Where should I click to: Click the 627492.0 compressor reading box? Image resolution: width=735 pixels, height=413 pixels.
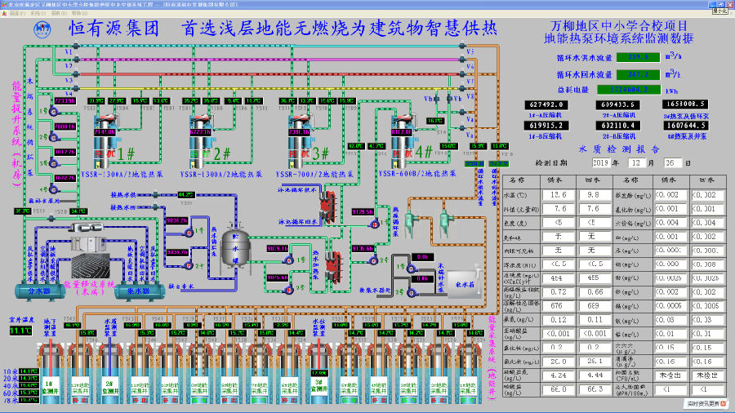(548, 104)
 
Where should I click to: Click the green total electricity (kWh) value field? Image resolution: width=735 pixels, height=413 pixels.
(627, 89)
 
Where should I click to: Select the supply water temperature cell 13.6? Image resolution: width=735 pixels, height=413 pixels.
(559, 195)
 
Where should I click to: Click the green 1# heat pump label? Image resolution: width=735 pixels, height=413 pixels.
(126, 153)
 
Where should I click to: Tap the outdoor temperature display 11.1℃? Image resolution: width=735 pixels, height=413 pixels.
(19, 331)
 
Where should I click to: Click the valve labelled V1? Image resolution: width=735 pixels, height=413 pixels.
(70, 51)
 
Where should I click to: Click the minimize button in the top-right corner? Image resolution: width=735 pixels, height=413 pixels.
(719, 11)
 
